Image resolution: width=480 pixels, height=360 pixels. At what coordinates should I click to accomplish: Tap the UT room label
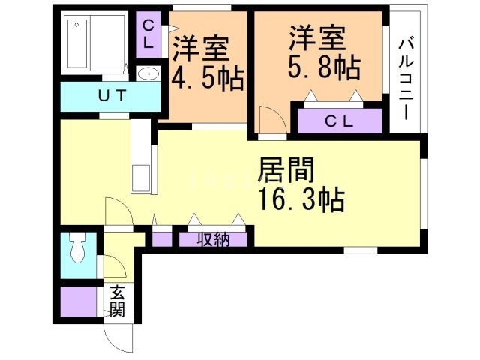(x=110, y=95)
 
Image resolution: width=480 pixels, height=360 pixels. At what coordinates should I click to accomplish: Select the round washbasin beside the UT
(x=149, y=74)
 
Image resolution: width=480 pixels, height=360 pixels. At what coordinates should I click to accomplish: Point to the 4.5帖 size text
(x=208, y=79)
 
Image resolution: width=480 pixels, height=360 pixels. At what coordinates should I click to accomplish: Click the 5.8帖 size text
(x=324, y=67)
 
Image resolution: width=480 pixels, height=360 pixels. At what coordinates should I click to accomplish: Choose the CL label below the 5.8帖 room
(x=340, y=120)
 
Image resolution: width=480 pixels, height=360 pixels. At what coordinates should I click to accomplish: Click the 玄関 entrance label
(x=118, y=300)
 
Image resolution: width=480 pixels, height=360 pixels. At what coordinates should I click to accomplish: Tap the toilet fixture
(x=76, y=248)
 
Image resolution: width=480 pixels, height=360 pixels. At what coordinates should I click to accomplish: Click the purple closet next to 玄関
(x=77, y=301)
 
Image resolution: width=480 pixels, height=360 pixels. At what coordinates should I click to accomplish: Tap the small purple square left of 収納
(x=162, y=240)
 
